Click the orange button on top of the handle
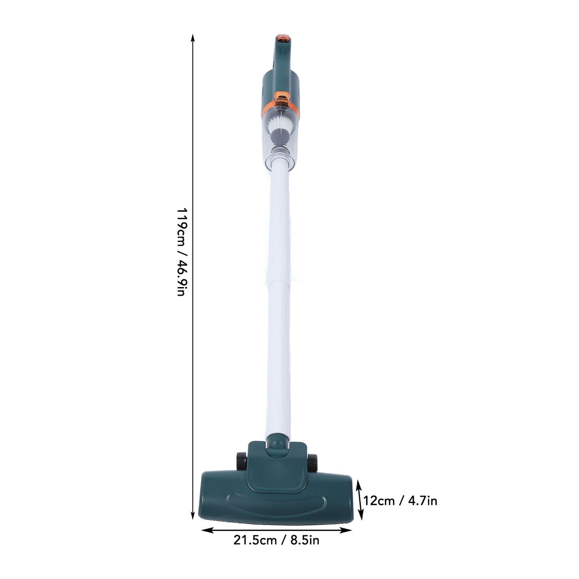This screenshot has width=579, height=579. pyautogui.click(x=283, y=37)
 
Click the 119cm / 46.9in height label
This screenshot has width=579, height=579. pyautogui.click(x=181, y=252)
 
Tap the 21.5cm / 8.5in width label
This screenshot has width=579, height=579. pyautogui.click(x=276, y=540)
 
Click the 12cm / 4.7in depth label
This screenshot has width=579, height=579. pyautogui.click(x=400, y=501)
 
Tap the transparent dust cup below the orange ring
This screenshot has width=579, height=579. pyautogui.click(x=279, y=141)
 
